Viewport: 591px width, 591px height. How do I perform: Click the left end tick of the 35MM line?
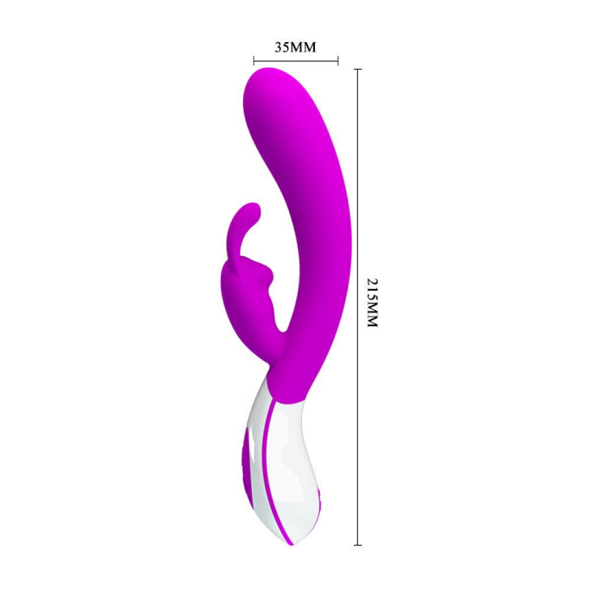point(254,60)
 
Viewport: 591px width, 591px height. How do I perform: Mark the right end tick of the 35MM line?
point(337,60)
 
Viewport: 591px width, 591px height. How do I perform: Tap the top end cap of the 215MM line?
point(358,69)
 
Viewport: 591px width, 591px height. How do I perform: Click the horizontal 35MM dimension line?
point(295,60)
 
